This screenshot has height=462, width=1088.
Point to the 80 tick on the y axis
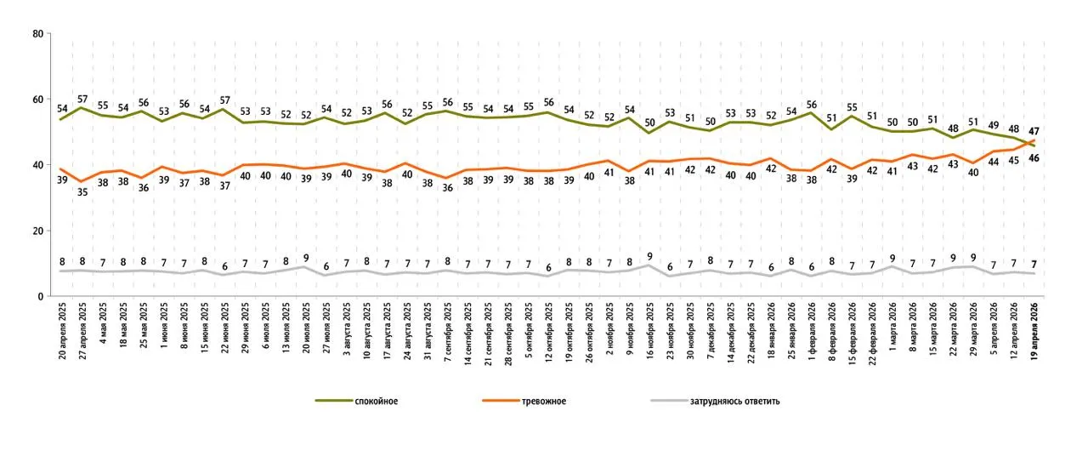coord(37,34)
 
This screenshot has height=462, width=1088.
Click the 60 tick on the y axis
coord(37,100)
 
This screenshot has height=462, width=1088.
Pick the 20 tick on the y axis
coord(37,231)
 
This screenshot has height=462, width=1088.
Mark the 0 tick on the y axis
coord(40,296)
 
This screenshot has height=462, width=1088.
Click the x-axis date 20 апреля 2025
coord(62,331)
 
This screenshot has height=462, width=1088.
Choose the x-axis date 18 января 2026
coord(772,331)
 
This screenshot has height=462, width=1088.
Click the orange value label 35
coord(82,192)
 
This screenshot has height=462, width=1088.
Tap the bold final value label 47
coord(1034,131)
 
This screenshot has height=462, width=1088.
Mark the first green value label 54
coord(62,108)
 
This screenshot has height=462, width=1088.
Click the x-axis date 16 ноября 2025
coord(649,331)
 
